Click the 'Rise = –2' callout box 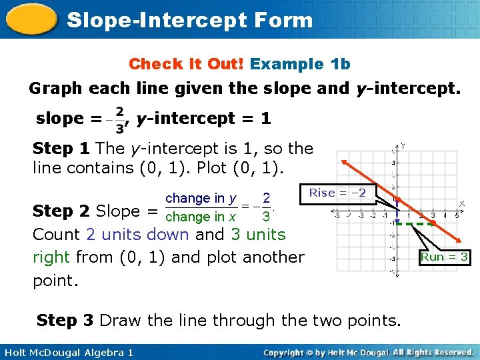(337, 193)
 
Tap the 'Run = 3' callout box (445, 257)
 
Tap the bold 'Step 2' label (61, 211)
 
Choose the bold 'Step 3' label (65, 321)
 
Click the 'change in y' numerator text (201, 199)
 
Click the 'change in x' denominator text (201, 217)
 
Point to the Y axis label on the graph (403, 145)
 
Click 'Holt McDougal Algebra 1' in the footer (67, 352)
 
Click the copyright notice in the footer (369, 352)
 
